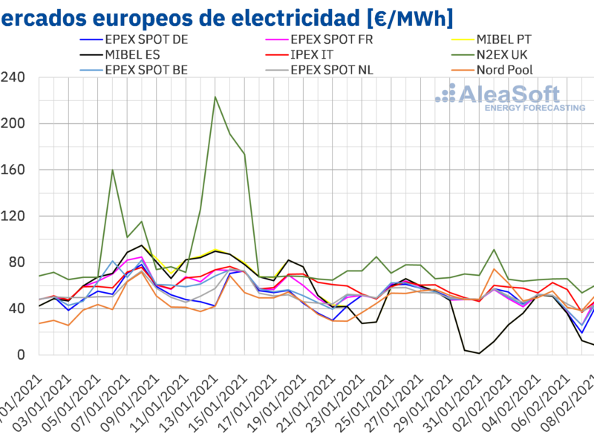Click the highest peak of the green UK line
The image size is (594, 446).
point(215,97)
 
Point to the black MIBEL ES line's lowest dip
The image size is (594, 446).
point(480,353)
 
